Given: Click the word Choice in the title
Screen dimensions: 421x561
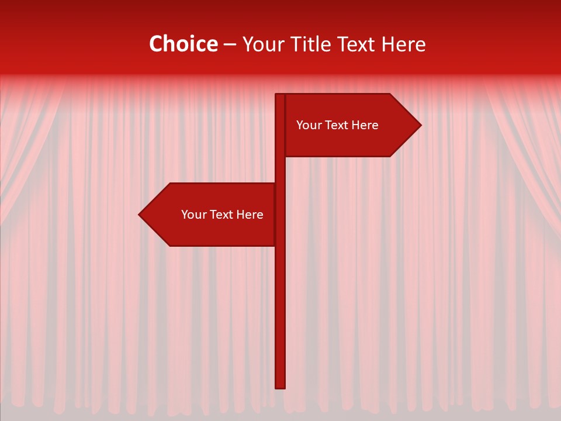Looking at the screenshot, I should (183, 44).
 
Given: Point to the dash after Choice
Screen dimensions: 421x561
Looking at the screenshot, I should (230, 45).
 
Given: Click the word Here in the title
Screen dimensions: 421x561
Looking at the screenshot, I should (403, 44).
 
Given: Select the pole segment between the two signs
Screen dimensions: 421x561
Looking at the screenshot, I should (280, 170).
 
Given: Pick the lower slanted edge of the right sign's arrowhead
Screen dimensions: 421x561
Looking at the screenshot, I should (406, 141).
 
